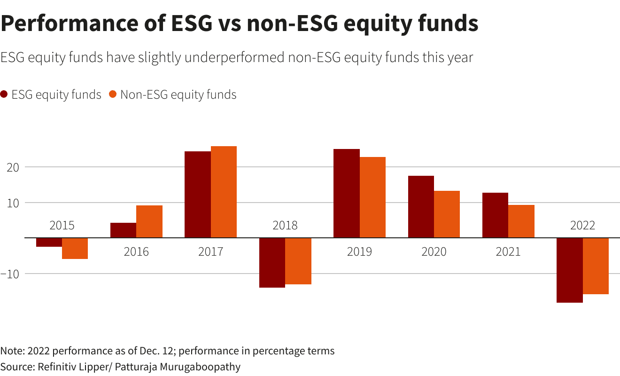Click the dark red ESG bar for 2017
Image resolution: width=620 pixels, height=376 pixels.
tap(198, 195)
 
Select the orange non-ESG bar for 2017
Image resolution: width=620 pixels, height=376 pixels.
tap(224, 192)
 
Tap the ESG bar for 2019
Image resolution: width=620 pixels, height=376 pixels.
tap(347, 193)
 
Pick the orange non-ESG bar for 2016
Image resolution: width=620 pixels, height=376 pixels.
tap(149, 221)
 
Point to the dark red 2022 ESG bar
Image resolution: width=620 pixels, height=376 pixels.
tap(570, 270)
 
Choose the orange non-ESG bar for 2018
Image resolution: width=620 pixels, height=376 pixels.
tap(298, 261)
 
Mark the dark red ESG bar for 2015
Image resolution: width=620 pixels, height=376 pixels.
tap(49, 242)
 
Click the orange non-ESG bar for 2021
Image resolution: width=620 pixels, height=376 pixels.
tap(521, 221)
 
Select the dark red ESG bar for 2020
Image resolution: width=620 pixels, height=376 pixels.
tap(421, 207)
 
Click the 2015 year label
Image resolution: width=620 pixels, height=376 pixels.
tap(62, 226)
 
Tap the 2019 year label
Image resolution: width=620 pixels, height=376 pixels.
tap(359, 252)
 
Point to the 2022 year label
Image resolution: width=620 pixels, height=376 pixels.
tap(582, 226)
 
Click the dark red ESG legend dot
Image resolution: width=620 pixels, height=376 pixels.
tap(4, 94)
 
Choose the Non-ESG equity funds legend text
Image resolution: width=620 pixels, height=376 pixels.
tap(178, 94)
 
